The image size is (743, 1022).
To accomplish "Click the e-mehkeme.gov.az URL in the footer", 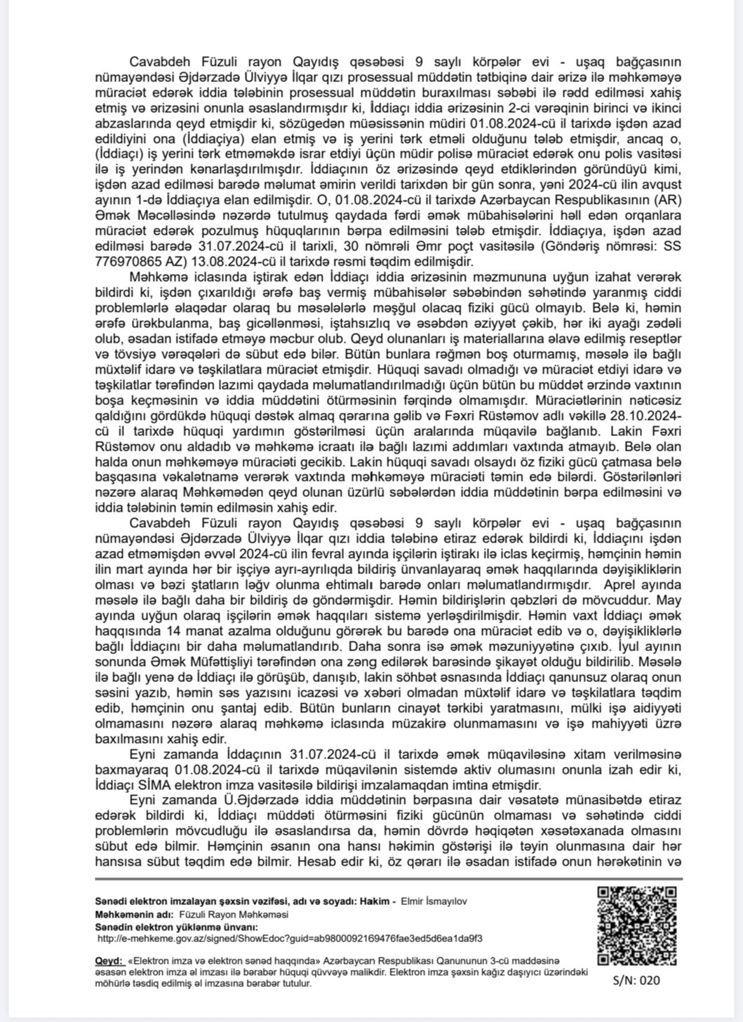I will (288, 936).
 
